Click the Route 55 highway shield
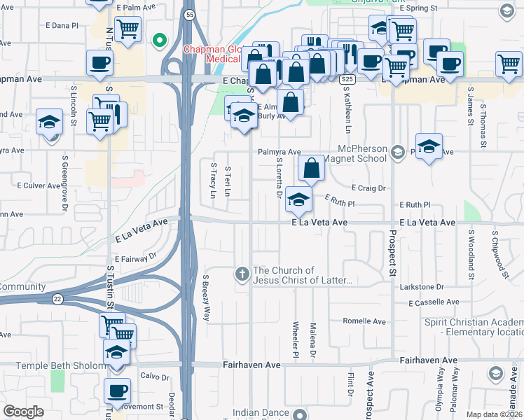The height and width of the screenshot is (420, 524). coord(190,14)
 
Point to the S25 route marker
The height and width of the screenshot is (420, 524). coord(347,80)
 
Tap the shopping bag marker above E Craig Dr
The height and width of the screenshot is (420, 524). coord(311,168)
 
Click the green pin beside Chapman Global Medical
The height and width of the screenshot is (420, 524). coord(160,40)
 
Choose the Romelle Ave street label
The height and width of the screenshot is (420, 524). coord(364,321)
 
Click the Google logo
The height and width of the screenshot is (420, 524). coord(23,412)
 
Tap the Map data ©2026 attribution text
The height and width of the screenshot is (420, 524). coord(493,414)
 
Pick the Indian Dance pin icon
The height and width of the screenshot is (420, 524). coord(301,414)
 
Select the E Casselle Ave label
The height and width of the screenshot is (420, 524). coord(434,302)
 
